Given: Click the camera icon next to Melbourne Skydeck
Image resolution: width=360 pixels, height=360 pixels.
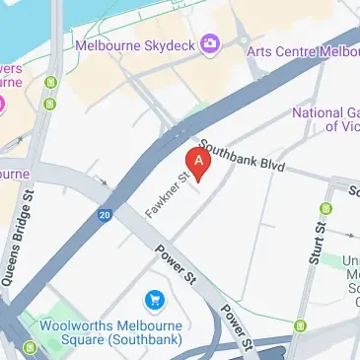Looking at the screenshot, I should coord(209,43).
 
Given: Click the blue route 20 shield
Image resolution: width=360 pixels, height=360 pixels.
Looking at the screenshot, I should coord(105,214).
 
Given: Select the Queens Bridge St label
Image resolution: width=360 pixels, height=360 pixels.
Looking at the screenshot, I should coord(21,252).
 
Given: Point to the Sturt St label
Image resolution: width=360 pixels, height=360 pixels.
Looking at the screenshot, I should coord(319,245).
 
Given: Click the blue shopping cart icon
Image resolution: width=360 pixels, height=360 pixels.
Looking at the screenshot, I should coord(154,298).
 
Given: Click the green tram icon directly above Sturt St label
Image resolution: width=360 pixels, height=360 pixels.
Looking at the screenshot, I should coord(326,209).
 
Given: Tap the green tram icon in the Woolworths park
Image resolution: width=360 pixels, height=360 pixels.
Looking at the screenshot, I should coord(31,346).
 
